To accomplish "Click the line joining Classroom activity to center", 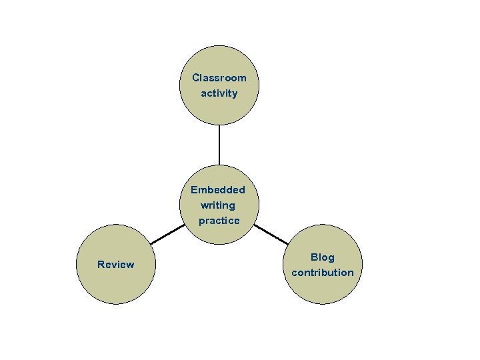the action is [x=219, y=145].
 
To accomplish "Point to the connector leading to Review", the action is [x=166, y=234].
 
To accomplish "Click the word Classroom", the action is [x=219, y=78].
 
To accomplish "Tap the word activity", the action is [x=219, y=93].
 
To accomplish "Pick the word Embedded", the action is [x=218, y=190].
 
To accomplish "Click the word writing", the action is [x=218, y=205].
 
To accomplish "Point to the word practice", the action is [x=219, y=221].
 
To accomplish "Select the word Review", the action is [x=115, y=265].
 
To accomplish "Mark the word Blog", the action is [x=323, y=257].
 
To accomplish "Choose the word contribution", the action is [x=323, y=273].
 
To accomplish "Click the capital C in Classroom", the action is [x=195, y=78].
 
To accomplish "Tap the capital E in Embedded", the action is [x=194, y=190].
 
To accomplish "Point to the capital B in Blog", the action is [x=314, y=257].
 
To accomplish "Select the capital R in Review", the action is [x=101, y=265].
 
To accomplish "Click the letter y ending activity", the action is [x=234, y=94].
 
